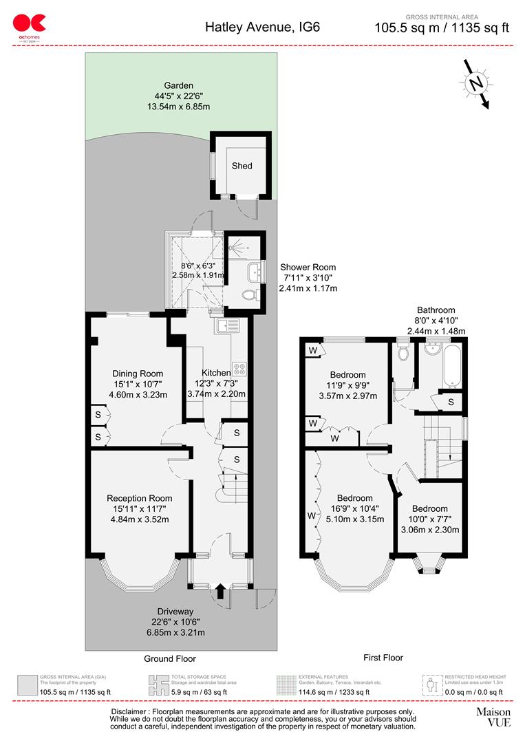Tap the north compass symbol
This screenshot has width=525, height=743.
click(475, 84)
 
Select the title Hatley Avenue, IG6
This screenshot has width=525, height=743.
click(262, 28)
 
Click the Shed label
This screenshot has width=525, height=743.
click(242, 166)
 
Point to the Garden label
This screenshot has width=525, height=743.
click(178, 86)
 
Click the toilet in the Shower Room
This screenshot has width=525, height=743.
click(251, 295)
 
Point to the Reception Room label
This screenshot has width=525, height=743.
click(139, 498)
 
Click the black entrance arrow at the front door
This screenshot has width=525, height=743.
click(220, 590)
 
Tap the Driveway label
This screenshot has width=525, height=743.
click(178, 612)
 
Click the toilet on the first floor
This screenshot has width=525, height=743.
click(403, 352)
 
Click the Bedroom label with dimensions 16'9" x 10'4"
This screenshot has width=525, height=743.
click(354, 498)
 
